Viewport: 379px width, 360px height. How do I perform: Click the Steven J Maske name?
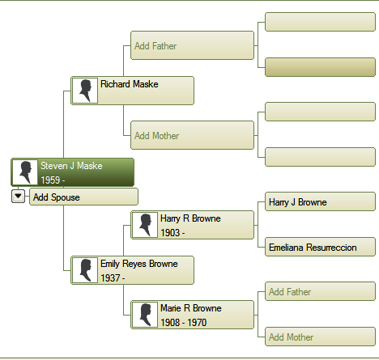[71, 166]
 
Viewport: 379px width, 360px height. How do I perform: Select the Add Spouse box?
[83, 197]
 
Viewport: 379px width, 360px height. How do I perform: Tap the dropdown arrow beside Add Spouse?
[18, 196]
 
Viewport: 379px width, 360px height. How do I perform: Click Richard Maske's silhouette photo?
[85, 91]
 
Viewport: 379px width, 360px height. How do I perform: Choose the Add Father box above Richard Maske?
[192, 45]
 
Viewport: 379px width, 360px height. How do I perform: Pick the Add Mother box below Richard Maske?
[192, 135]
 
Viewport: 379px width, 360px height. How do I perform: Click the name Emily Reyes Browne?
[139, 264]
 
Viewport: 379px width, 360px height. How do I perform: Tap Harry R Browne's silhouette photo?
[145, 225]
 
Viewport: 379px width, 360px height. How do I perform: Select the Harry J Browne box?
[320, 201]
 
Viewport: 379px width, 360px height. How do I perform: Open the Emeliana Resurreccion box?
[320, 247]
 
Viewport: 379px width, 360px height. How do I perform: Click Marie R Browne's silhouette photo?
[145, 315]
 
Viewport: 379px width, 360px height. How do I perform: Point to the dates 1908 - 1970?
[184, 323]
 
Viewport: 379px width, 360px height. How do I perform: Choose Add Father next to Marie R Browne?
[320, 291]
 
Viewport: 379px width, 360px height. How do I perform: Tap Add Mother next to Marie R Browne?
[320, 337]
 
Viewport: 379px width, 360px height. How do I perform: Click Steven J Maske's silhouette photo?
[25, 172]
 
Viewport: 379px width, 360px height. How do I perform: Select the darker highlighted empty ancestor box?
[320, 67]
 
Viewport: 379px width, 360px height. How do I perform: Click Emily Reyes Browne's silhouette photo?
[85, 270]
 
